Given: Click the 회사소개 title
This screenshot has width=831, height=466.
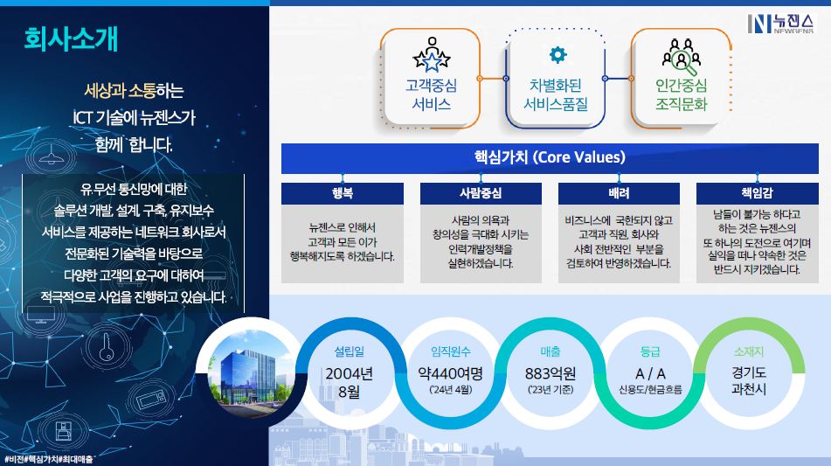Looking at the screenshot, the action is [x=71, y=39].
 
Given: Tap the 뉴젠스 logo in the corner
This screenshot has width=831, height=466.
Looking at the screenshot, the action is [x=780, y=24].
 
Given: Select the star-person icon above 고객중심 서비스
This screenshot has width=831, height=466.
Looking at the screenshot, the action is [x=432, y=54].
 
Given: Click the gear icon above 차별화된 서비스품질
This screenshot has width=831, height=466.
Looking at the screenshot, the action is [x=557, y=54].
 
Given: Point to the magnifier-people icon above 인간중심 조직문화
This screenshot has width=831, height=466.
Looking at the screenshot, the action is [x=681, y=57].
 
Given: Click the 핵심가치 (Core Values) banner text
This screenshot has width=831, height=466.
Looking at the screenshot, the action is [x=550, y=157].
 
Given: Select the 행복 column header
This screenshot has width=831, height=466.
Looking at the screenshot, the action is [x=343, y=193].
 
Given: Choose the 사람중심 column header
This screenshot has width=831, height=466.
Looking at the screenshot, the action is [x=481, y=193].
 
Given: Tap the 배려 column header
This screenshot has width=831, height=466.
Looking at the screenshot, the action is [x=619, y=193].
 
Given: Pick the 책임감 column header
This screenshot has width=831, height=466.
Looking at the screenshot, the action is [x=758, y=193].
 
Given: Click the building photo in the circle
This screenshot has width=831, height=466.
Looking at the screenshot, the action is [x=250, y=373].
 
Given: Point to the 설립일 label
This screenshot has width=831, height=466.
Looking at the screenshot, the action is [x=350, y=351].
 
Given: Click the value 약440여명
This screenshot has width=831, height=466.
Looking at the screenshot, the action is [x=451, y=373].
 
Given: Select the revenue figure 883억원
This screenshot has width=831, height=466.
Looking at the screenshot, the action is [x=551, y=373].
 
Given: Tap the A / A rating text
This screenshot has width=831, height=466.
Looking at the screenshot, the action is [x=650, y=373].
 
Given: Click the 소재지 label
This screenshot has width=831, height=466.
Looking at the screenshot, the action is [x=748, y=351].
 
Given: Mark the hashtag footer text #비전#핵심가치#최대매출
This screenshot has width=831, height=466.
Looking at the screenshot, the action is [x=49, y=459].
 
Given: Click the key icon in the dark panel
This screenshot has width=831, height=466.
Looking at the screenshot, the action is [x=107, y=347].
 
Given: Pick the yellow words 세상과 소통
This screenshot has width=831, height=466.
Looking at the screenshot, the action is [x=120, y=91].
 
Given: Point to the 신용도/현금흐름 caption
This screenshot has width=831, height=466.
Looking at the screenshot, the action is [x=650, y=390].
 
